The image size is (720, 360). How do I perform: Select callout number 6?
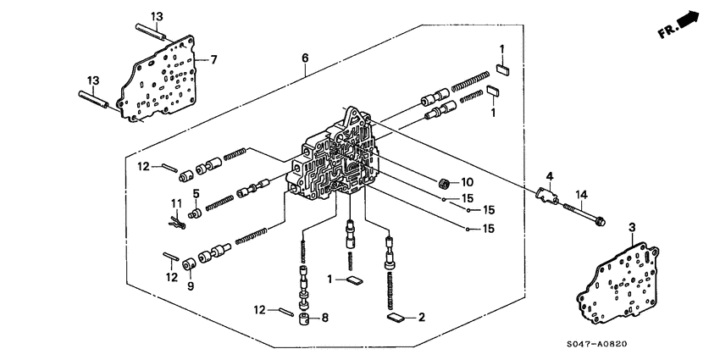[x=306, y=58]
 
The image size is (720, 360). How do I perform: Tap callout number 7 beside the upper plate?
[x=214, y=59]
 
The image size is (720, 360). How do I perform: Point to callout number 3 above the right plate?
[x=632, y=227]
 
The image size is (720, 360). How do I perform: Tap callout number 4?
[x=549, y=176]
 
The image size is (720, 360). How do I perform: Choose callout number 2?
[x=420, y=318]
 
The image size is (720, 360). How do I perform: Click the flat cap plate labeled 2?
[x=395, y=318]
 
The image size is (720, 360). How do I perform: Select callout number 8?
[x=324, y=318]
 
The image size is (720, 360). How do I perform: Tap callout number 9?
[x=190, y=285]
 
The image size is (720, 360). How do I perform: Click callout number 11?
[x=176, y=203]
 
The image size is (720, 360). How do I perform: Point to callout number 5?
[x=195, y=194]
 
